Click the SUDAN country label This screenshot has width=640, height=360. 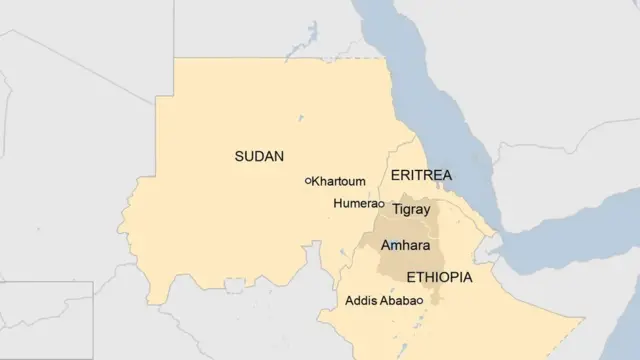coord(259,156)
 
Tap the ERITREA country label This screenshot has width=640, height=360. coord(421,175)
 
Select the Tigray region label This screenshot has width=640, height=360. coord(411,210)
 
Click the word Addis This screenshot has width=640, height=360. coord(360,300)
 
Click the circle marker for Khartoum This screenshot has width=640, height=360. coord(308,181)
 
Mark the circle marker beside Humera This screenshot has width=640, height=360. coord(381,204)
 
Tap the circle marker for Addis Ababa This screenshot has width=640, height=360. coord(421,301)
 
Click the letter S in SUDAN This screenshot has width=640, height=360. coord(239,156)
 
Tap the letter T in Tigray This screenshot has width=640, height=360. coord(396,210)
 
